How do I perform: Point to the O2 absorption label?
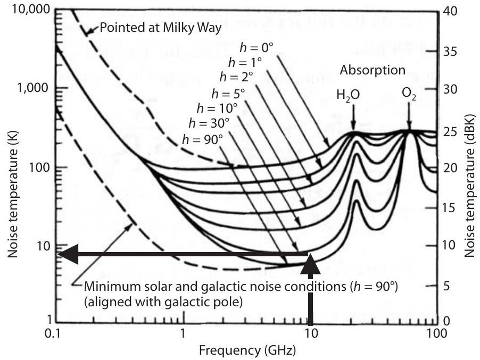click(x=409, y=94)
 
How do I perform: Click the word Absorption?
click(x=373, y=70)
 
